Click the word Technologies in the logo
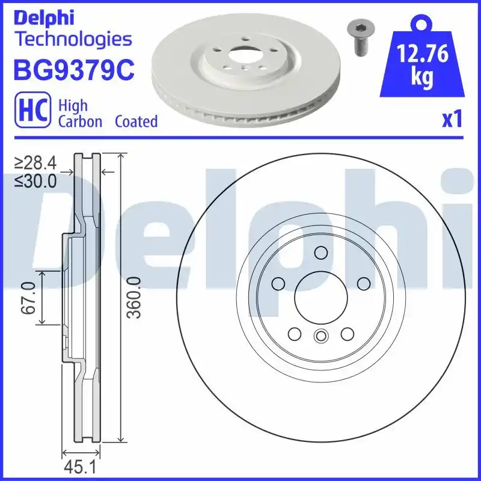72,40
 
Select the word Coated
136,121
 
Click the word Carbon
80,121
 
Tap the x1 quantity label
452,120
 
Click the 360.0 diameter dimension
135,298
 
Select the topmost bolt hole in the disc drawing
320,253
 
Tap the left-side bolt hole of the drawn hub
278,283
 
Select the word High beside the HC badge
72,106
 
